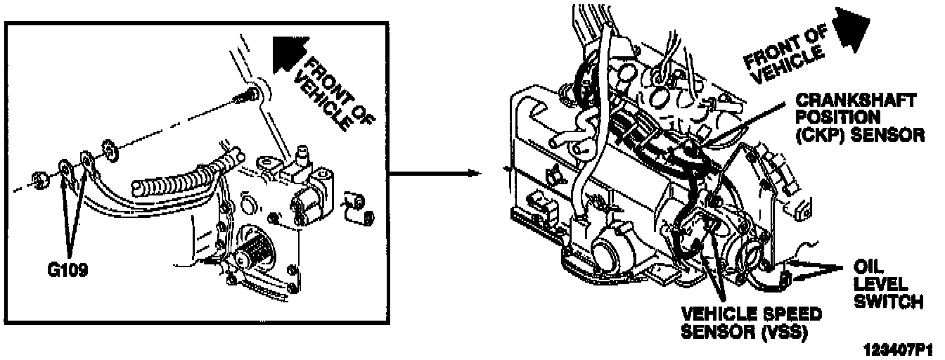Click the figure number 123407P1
point(904,349)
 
